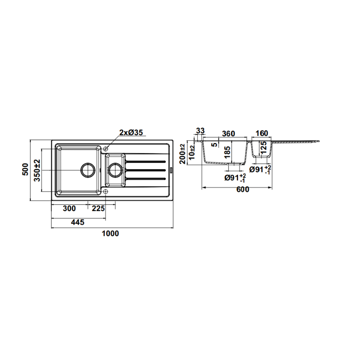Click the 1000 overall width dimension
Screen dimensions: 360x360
[x=110, y=233]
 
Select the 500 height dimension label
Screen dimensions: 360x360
[x=25, y=169]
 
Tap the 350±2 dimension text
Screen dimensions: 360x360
[x=37, y=170]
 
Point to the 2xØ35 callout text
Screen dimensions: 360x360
[x=131, y=132]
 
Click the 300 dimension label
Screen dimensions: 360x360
[x=69, y=208]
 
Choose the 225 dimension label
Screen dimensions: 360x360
[x=98, y=208]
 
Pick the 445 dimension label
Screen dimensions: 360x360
[x=78, y=222]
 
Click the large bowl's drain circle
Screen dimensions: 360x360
[x=88, y=170]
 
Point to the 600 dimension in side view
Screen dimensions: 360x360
[x=242, y=189]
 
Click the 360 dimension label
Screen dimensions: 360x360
[x=229, y=133]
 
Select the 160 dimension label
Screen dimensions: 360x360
[x=262, y=133]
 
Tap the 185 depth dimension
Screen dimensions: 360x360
[x=227, y=152]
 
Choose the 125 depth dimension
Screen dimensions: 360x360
[x=264, y=148]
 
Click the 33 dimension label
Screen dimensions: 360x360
[x=200, y=131]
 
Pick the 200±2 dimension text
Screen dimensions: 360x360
[x=183, y=154]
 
